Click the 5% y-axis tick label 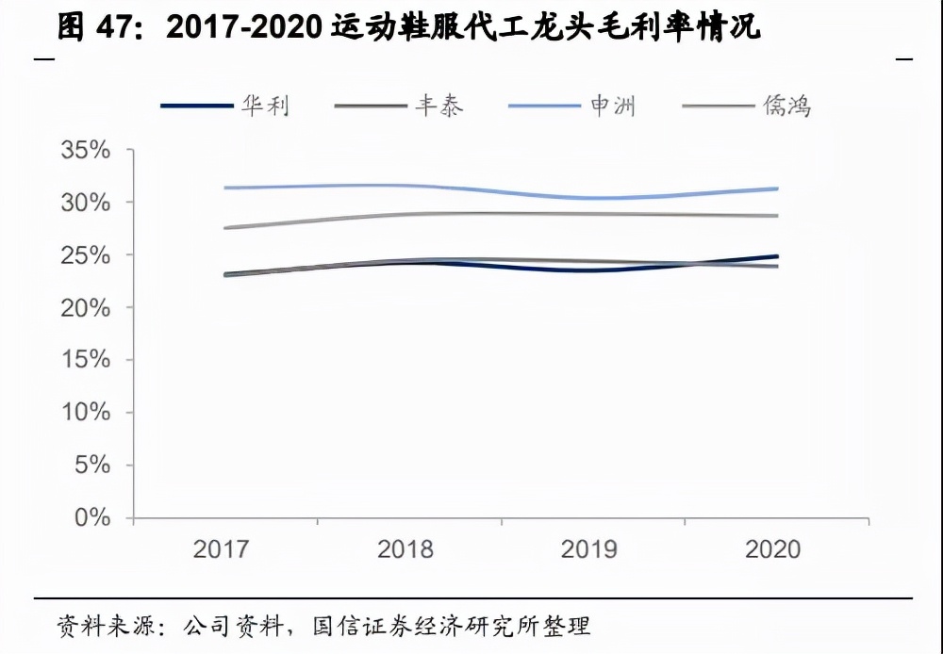[x=92, y=466]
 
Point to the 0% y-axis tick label [x=92, y=518]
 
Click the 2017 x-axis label [x=222, y=549]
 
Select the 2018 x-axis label [x=405, y=549]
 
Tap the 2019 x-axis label [x=589, y=549]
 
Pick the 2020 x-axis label [x=773, y=549]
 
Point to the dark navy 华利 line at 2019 [x=591, y=270]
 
